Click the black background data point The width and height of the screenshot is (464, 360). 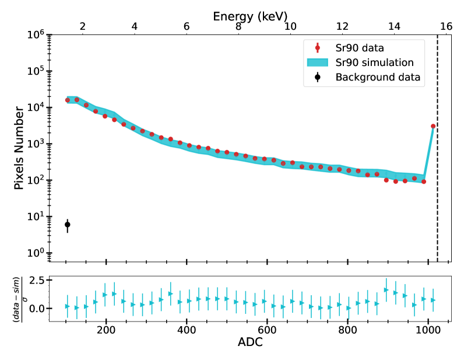67,225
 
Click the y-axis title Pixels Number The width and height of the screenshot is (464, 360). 20,143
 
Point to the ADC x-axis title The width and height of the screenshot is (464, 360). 250,342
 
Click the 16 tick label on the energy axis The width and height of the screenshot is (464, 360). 446,26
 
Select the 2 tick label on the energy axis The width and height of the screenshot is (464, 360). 82,26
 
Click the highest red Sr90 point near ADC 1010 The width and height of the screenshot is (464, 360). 433,126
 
